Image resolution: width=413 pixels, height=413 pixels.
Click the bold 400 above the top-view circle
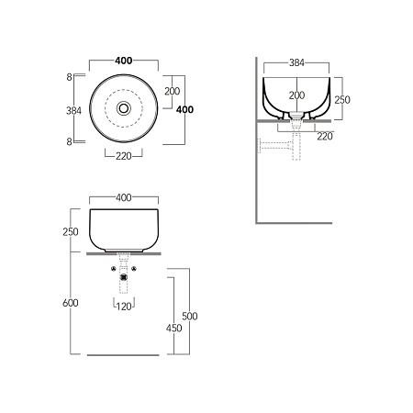click(124, 61)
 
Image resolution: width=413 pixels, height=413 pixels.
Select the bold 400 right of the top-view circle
click(184, 109)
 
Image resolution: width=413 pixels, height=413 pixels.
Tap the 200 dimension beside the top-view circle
click(173, 91)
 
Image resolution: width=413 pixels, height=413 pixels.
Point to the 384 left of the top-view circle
click(73, 111)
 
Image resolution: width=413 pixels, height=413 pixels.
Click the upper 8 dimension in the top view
click(69, 77)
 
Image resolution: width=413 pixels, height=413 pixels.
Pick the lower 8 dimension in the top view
click(69, 141)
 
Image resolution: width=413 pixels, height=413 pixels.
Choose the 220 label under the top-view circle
click(124, 156)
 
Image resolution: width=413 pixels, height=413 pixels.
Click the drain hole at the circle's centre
click(124, 108)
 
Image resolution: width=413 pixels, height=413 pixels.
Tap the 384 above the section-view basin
click(296, 62)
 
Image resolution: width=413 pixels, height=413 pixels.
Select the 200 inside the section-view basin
click(296, 95)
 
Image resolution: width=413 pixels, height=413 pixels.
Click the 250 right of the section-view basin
click(342, 100)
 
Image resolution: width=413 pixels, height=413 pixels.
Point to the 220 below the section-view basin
click(325, 137)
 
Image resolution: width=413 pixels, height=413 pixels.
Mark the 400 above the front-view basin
click(124, 197)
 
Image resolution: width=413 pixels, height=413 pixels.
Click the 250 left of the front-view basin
click(71, 232)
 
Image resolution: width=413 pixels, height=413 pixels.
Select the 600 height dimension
click(71, 303)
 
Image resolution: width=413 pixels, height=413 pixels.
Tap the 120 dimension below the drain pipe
click(124, 307)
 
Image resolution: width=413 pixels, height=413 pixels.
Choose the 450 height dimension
click(174, 329)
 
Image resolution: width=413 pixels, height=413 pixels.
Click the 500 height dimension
click(190, 316)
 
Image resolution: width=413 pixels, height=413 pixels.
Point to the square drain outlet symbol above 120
click(124, 277)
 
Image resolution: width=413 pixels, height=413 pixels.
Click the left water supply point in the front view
click(114, 269)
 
